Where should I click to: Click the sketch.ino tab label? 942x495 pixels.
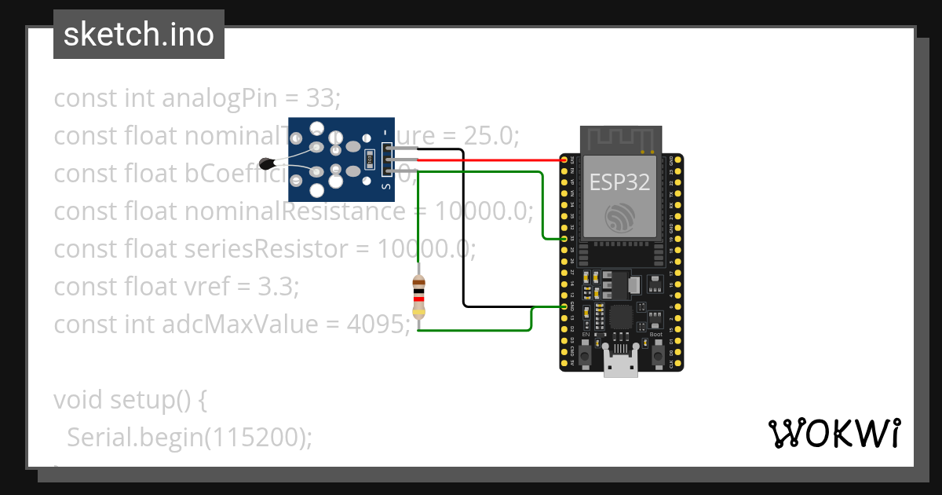click(139, 35)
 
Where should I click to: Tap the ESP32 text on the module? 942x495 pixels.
click(620, 182)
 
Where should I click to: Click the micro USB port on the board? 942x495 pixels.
click(620, 368)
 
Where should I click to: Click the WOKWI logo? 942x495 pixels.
click(834, 433)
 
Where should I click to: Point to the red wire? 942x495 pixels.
click(487, 159)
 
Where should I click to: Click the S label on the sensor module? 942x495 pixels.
click(385, 186)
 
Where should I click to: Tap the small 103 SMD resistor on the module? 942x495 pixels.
click(369, 159)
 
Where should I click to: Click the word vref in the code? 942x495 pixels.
click(208, 286)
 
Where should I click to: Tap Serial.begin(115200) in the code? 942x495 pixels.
click(189, 437)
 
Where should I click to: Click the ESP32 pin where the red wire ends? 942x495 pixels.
click(564, 159)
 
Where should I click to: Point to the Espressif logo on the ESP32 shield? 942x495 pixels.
click(620, 218)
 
